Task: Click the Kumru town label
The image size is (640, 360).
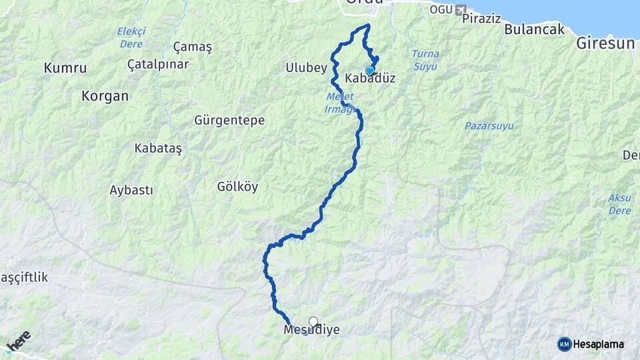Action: coord(65,67)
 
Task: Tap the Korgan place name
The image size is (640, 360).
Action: coord(105,95)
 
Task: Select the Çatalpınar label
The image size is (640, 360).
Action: coord(158,64)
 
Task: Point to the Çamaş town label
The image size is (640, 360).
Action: coord(192,47)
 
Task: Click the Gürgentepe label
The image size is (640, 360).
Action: coord(229,121)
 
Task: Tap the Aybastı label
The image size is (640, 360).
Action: coord(131,190)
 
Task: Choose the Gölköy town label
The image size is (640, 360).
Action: coord(237,186)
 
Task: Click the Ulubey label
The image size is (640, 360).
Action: coord(306,67)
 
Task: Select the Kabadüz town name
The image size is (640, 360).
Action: coord(371,79)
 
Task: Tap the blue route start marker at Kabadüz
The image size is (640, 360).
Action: coord(370,70)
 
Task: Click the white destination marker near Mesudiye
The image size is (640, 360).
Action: coord(313,321)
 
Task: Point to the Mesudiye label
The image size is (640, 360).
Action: coord(311,330)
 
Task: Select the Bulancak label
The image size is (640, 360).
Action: coord(534,29)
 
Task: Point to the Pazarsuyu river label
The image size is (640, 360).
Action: coord(493,125)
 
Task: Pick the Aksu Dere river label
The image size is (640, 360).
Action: coord(619,204)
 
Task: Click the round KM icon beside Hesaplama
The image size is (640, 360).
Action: coord(564,344)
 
